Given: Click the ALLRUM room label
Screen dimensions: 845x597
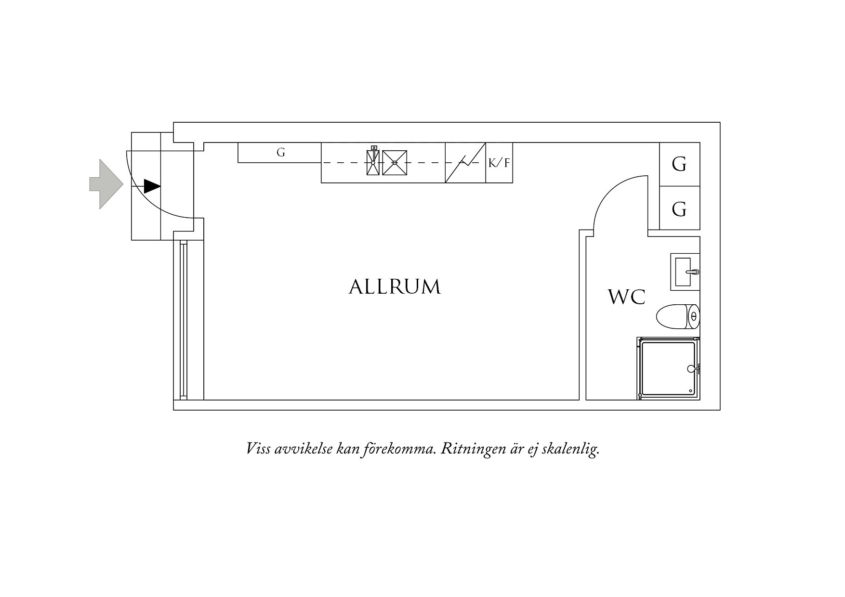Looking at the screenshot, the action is (x=395, y=287).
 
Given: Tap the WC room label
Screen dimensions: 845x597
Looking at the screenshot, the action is (x=627, y=297).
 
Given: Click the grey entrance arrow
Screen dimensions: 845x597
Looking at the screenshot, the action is (x=106, y=184).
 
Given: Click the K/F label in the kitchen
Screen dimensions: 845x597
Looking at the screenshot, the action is (x=499, y=163).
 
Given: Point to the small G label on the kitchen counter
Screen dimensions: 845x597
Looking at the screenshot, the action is (x=281, y=153).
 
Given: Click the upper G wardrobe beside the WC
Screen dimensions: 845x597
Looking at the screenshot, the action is (x=679, y=164).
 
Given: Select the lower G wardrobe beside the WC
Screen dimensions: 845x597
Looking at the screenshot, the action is (x=679, y=208).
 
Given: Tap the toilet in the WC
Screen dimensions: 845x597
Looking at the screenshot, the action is (x=678, y=316).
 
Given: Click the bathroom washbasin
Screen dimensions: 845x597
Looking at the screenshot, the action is (x=685, y=272).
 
